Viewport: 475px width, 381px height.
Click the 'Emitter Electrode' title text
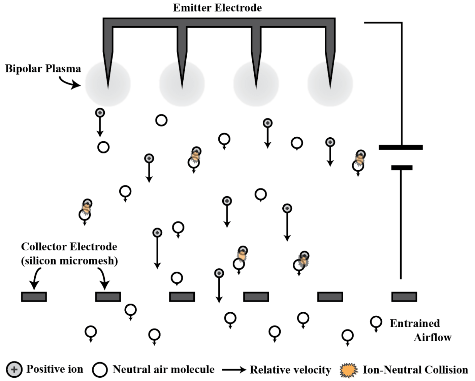pyautogui.click(x=217, y=8)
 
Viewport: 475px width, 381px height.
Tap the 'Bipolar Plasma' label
pyautogui.click(x=43, y=69)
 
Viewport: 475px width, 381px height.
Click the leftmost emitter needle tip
pyautogui.click(x=108, y=86)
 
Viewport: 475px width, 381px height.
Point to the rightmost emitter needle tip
pyautogui.click(x=330, y=86)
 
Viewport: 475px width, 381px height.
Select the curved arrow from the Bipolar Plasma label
pyautogui.click(x=69, y=83)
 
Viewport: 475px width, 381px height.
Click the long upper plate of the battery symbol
pyautogui.click(x=401, y=147)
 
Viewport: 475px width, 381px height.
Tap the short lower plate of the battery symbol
pyautogui.click(x=402, y=167)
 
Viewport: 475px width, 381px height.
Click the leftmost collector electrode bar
pyautogui.click(x=34, y=297)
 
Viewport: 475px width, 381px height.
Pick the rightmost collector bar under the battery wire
pyautogui.click(x=404, y=297)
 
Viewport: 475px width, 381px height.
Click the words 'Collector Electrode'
pyautogui.click(x=69, y=247)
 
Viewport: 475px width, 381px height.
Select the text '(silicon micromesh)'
pyautogui.click(x=69, y=261)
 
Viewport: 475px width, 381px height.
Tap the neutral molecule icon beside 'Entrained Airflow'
pyautogui.click(x=376, y=322)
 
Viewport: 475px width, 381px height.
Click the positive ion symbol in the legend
pyautogui.click(x=14, y=370)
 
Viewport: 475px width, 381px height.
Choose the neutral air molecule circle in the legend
pyautogui.click(x=100, y=370)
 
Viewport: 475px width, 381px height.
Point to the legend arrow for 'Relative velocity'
pyautogui.click(x=234, y=370)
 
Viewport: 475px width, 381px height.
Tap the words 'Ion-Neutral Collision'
pyautogui.click(x=415, y=370)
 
